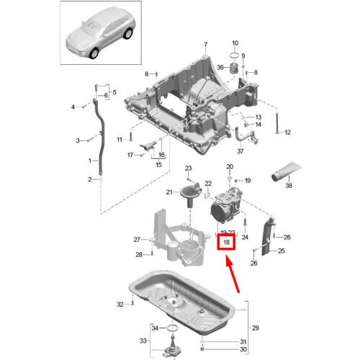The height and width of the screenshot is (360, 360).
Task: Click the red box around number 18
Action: click(x=217, y=242)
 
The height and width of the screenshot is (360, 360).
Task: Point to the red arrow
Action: click(x=233, y=274)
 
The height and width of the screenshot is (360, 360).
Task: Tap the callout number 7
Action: click(x=206, y=45)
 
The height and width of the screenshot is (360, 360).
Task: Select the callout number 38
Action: click(x=289, y=185)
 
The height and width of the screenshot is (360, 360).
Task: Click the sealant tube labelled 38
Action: click(x=286, y=171)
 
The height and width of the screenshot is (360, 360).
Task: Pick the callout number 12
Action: click(x=287, y=132)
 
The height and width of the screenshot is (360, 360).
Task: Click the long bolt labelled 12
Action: click(x=276, y=121)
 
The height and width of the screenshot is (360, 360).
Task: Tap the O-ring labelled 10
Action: click(x=234, y=55)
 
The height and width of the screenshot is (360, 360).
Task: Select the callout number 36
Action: click(x=220, y=67)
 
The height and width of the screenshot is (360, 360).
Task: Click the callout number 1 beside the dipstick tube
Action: click(x=90, y=161)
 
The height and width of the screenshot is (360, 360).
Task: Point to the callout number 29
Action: click(x=256, y=328)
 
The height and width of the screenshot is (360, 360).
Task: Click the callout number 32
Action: click(x=120, y=305)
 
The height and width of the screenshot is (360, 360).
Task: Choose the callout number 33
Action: click(x=143, y=341)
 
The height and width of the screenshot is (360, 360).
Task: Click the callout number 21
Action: click(x=169, y=192)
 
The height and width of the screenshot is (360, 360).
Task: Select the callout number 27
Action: click(x=137, y=240)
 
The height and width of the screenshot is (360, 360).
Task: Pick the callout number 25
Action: click(x=282, y=251)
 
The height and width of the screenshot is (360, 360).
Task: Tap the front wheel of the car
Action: click(x=94, y=53)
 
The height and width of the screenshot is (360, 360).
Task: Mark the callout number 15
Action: click(x=158, y=165)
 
